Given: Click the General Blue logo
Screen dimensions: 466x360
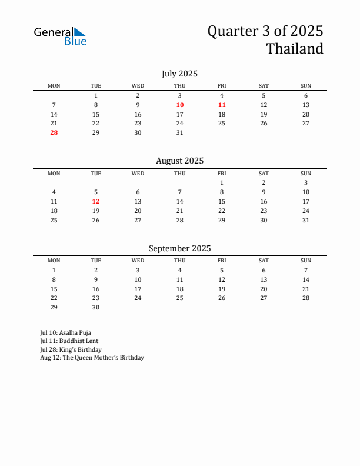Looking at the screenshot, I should coord(60,36).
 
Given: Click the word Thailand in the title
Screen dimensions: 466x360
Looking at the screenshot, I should coord(295,49).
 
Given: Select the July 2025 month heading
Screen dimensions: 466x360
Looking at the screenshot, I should coord(179,74).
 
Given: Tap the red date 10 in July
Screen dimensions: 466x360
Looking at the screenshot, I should coord(180,105).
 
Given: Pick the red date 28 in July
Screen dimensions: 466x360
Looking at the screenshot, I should coord(54,132).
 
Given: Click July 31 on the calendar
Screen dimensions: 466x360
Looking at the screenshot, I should coord(180,132).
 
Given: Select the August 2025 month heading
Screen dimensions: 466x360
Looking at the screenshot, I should coord(179,161).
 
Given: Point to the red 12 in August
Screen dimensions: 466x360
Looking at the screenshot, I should coord(96,201).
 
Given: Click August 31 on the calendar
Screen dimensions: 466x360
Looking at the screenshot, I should coord(306,220).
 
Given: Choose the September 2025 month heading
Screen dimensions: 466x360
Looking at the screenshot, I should coord(179,248).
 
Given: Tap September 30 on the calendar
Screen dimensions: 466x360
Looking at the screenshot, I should coord(96,307).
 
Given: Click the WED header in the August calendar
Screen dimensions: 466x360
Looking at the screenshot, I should coord(138,174).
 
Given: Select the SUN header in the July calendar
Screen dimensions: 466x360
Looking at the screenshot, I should coord(306,86).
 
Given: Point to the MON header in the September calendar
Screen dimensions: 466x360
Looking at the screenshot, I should coord(54,261).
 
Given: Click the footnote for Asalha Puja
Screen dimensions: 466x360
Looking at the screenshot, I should coord(65,332).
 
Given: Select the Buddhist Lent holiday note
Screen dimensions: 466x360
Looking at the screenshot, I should coord(69,341).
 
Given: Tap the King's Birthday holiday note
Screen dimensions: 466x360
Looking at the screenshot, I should coord(71,349).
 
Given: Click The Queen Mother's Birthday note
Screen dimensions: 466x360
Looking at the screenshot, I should coord(92,357).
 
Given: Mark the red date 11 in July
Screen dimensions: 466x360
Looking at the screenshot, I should coord(222,105).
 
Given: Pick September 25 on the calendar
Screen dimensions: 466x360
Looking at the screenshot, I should coord(180,298).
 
